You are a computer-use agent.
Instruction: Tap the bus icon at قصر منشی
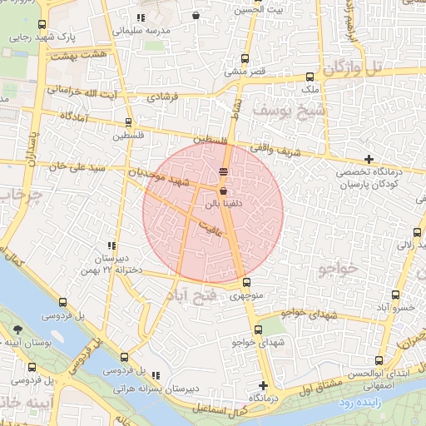(244, 59)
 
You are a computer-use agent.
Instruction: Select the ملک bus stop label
(309, 88)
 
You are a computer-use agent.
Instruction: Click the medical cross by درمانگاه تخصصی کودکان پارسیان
(369, 159)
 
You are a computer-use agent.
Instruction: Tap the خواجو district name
(336, 268)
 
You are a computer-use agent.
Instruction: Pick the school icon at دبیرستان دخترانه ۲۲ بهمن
(110, 246)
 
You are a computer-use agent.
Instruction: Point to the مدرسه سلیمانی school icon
(141, 17)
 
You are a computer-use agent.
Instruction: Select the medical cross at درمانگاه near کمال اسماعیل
(264, 385)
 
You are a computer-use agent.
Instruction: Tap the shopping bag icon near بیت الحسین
(196, 14)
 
